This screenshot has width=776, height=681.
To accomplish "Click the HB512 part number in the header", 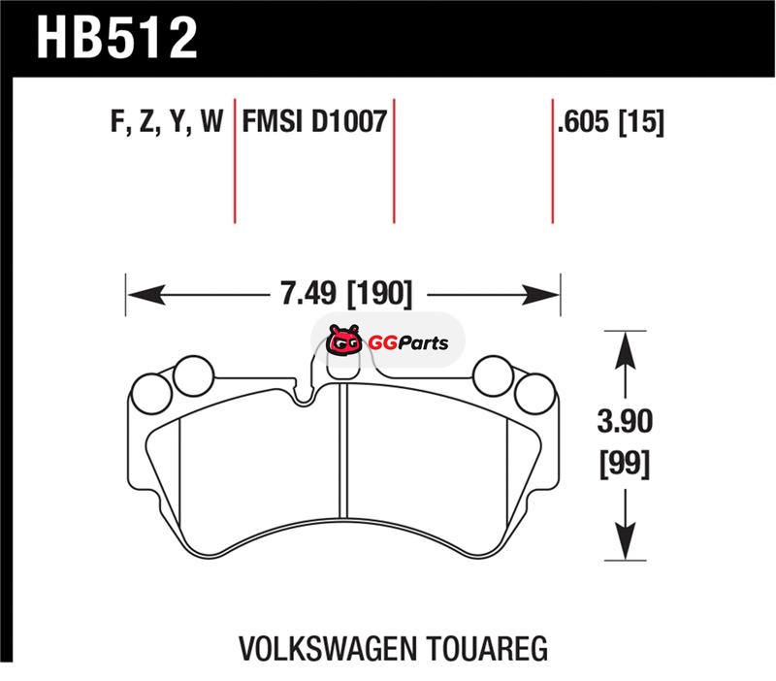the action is tap(117, 38).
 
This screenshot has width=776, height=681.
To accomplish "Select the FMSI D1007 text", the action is tap(314, 122).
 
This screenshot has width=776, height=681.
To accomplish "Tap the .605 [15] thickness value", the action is tap(610, 122).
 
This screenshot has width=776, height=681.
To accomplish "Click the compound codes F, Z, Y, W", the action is tap(167, 122).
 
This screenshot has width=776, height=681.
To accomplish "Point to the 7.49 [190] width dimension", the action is tap(346, 294).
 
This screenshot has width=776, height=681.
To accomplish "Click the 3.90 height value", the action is tap(625, 421).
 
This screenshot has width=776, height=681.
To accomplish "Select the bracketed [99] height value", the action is tap(625, 465).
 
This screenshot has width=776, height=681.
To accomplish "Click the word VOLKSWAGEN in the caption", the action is tap(327, 648).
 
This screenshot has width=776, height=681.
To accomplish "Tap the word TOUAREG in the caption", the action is tap(487, 648).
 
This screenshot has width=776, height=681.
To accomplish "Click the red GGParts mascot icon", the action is tap(344, 340).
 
